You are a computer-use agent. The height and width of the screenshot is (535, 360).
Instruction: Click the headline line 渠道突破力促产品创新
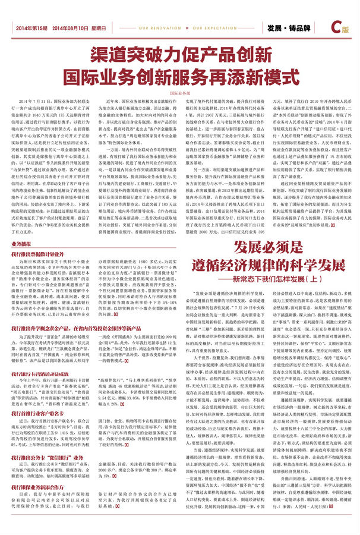[179, 56]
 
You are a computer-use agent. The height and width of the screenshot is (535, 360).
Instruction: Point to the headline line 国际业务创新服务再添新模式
[179, 77]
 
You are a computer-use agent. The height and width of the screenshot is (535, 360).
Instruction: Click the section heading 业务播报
[22, 227]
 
